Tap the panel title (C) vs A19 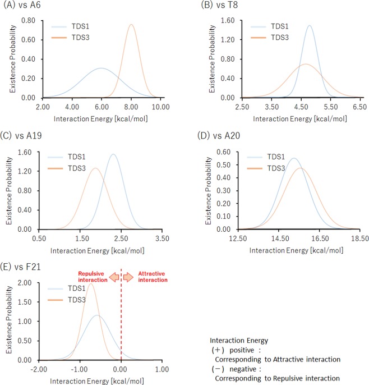24,135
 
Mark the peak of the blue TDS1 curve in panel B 309,25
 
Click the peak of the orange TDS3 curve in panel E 90,283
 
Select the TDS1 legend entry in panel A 78,26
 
